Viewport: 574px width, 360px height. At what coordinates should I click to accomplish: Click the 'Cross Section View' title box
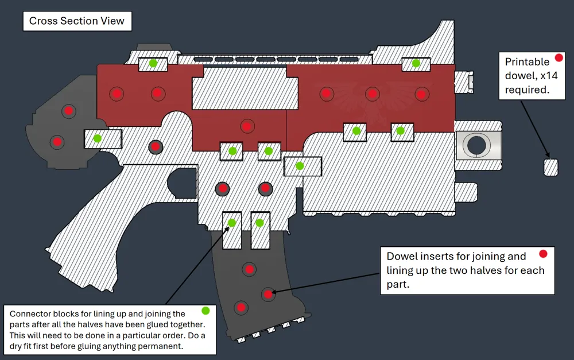[77, 21]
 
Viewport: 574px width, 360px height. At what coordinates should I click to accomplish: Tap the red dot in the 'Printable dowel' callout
[559, 57]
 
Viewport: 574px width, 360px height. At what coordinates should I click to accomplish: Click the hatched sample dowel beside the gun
[550, 167]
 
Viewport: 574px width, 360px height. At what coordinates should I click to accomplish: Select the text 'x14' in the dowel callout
[549, 75]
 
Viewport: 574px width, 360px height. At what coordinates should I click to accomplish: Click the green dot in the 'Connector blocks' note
[205, 311]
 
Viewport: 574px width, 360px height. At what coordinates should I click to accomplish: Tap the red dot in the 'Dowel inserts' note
[543, 254]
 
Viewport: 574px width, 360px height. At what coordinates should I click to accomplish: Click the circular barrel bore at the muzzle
[476, 145]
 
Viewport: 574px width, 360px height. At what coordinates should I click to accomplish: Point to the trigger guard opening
[182, 183]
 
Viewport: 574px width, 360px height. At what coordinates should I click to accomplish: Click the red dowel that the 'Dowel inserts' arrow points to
[268, 294]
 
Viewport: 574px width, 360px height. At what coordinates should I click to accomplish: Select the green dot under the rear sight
[153, 63]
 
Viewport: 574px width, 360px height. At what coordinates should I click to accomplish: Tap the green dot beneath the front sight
[416, 63]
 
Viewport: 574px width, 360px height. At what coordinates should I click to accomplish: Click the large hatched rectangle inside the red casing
[245, 88]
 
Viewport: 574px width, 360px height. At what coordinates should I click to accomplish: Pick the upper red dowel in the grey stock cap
[68, 111]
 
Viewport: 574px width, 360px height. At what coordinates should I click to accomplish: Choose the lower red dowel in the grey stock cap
[57, 142]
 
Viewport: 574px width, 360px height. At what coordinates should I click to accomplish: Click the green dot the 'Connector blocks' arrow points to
[232, 223]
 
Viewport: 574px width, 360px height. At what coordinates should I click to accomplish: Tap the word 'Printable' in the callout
[527, 62]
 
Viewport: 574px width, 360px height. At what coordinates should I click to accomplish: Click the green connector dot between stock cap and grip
[97, 138]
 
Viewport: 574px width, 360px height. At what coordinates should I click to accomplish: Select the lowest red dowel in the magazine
[241, 308]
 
